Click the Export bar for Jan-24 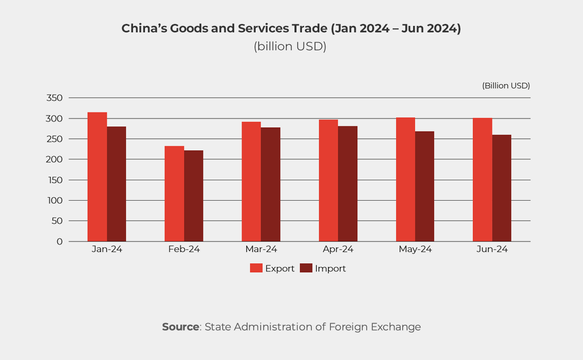[x=97, y=177]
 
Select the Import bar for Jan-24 [x=117, y=184]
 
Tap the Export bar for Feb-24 [x=174, y=194]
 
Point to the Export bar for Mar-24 [x=251, y=182]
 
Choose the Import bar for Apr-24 [x=348, y=184]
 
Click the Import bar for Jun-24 [x=502, y=188]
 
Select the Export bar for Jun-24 [x=482, y=180]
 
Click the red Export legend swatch [x=256, y=268]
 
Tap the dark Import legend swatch [x=306, y=268]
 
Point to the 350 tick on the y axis [x=54, y=98]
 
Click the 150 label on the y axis [x=54, y=180]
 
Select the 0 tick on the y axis [x=60, y=241]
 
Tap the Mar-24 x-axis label [x=261, y=249]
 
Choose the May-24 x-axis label [x=415, y=249]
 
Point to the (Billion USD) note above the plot [x=506, y=86]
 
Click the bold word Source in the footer [x=180, y=327]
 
